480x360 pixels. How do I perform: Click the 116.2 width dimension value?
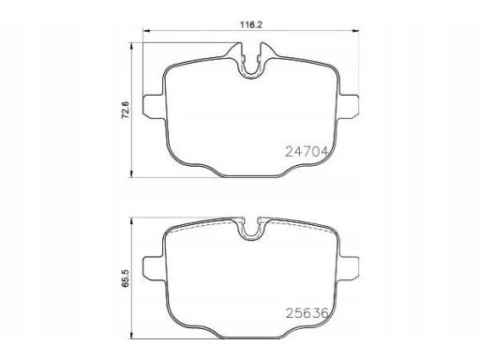251,24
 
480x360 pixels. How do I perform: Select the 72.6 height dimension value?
126,110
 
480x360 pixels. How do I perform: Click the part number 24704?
307,152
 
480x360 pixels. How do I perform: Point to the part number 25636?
307,313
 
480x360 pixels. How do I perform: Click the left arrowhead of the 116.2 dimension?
146,31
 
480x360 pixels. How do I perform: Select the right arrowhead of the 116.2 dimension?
355,31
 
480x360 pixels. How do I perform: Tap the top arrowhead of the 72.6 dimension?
131,46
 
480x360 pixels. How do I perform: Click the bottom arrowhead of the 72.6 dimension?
131,173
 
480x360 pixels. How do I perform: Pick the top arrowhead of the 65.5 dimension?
131,221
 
